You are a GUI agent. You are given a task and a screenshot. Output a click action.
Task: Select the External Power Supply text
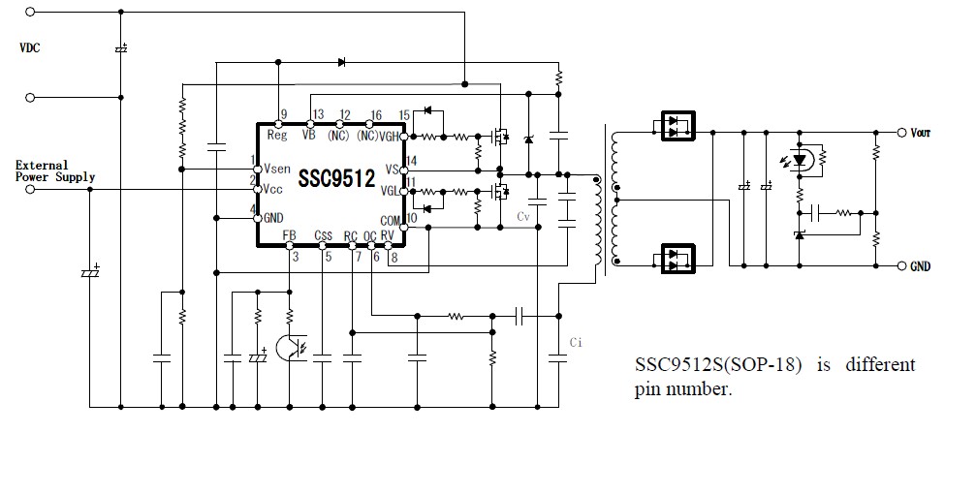coord(55,170)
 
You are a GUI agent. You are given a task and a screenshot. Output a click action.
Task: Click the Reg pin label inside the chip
coord(277,136)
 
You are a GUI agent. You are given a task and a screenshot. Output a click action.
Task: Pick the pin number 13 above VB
coord(318,115)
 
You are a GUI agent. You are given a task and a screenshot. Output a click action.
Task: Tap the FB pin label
coord(289,235)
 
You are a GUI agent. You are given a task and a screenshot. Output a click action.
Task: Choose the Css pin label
coord(323,235)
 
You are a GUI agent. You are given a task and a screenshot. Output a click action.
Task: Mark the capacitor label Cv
coord(523,215)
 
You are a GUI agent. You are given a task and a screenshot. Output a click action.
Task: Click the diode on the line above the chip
coord(341,63)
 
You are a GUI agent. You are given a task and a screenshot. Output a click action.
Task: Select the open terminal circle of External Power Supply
coord(30,189)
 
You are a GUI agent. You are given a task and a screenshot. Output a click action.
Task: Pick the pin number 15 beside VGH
coord(405,115)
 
